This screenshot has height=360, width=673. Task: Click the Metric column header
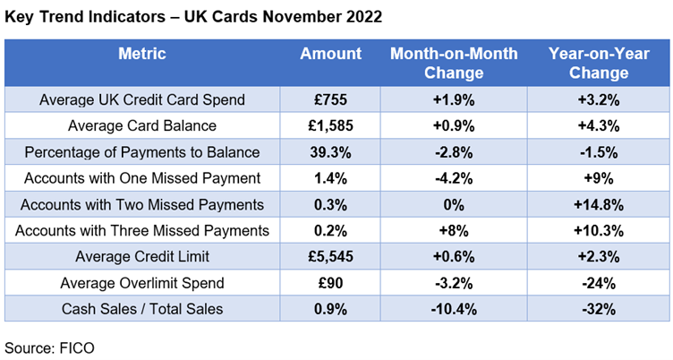coord(142,54)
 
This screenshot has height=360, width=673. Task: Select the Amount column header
coord(330,54)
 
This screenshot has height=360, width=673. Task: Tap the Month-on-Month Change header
coord(454,62)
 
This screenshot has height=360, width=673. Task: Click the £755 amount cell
coord(330,99)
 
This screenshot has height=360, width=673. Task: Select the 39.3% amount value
coord(330,151)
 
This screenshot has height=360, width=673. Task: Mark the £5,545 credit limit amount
coord(330,257)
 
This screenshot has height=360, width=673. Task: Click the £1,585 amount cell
coord(330,125)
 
